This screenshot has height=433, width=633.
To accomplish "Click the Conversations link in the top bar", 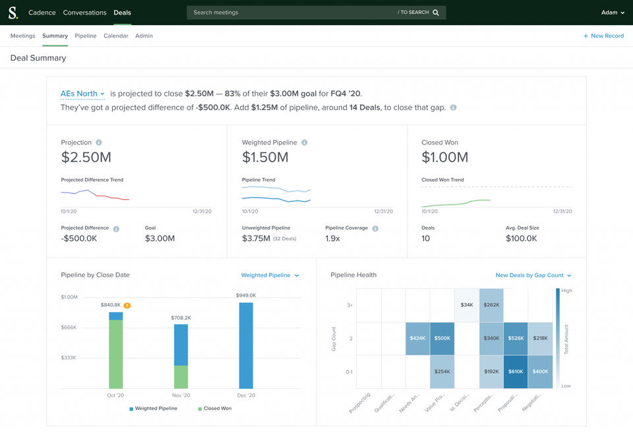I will pyautogui.click(x=84, y=13).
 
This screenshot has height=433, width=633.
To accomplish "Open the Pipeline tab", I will pyautogui.click(x=86, y=36).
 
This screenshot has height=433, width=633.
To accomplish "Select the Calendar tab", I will pyautogui.click(x=115, y=36).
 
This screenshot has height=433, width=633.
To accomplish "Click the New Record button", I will pyautogui.click(x=603, y=36).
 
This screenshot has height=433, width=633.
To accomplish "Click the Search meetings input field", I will pyautogui.click(x=290, y=13).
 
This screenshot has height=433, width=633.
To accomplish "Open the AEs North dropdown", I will pyautogui.click(x=82, y=94).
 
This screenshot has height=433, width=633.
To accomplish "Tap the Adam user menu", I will pyautogui.click(x=613, y=13).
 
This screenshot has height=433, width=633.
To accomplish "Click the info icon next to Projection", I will pyautogui.click(x=99, y=143).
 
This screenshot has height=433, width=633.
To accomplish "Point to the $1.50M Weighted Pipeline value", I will pyautogui.click(x=265, y=157).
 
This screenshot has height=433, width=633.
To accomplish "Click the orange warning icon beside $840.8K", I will pyautogui.click(x=127, y=306).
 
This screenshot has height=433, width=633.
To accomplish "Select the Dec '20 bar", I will pyautogui.click(x=246, y=345).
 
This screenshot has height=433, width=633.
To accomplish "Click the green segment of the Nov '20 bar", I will pyautogui.click(x=181, y=377).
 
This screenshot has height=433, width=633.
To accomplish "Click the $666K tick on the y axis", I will pyautogui.click(x=69, y=327).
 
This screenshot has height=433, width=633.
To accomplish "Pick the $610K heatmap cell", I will pyautogui.click(x=516, y=372).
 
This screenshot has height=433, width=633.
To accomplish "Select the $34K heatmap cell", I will pyautogui.click(x=467, y=305).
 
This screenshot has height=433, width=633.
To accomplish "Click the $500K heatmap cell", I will pyautogui.click(x=442, y=339).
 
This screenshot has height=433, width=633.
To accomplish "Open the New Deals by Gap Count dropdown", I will pyautogui.click(x=533, y=275).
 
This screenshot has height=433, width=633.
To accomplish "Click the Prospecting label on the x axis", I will pyautogui.click(x=360, y=403).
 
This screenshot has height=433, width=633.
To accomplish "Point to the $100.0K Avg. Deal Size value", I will pyautogui.click(x=521, y=238).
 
